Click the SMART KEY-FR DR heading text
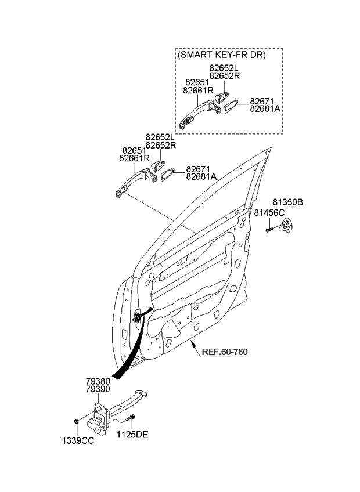(x=221, y=56)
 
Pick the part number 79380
(x=98, y=381)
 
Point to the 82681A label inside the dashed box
(x=265, y=108)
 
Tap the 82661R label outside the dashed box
(x=134, y=158)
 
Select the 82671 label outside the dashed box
(x=197, y=168)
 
